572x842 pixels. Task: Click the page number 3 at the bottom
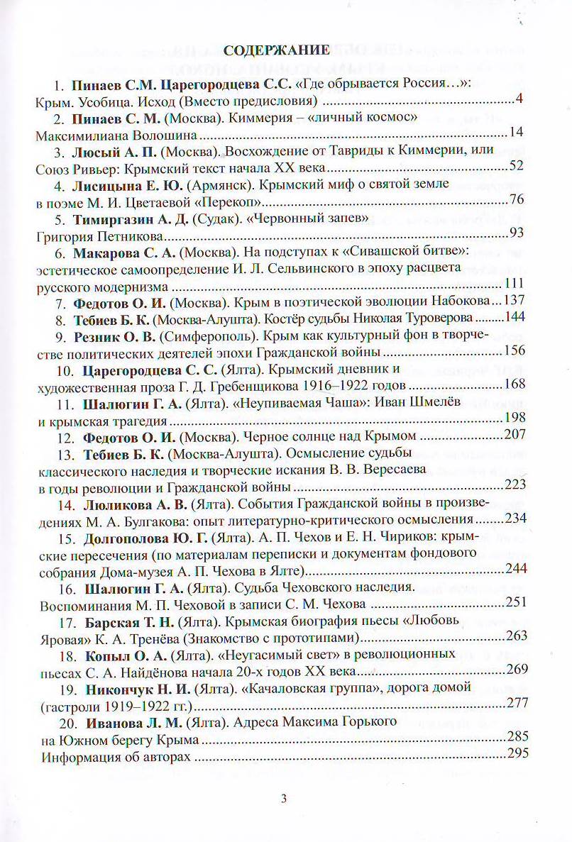[284, 799]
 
